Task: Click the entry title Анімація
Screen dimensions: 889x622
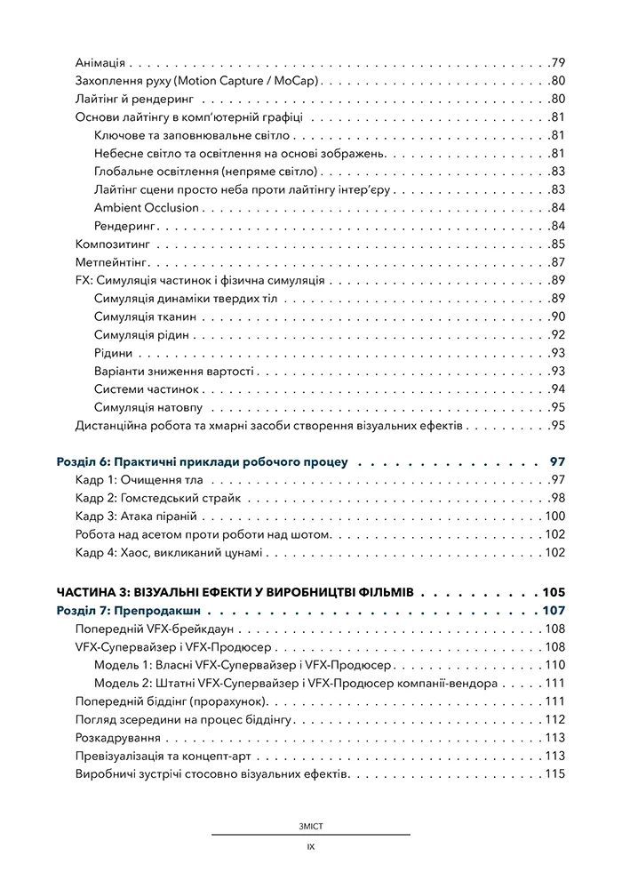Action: pos(100,63)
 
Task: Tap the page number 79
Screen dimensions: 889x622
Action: pos(558,63)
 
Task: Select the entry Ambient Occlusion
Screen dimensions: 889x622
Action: pos(146,208)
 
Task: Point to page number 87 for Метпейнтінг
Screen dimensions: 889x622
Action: pos(558,262)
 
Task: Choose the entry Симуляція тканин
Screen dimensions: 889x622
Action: pos(145,316)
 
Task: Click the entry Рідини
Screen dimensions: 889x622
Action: pos(113,353)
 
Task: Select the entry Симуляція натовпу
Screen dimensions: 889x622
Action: pos(148,408)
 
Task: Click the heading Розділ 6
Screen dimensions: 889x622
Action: pos(201,462)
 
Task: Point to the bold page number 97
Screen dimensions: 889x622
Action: pos(558,462)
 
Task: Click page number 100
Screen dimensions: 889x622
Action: pos(555,517)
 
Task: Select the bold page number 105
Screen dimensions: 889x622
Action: pos(554,592)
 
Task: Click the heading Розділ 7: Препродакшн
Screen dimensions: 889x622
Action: pos(139,611)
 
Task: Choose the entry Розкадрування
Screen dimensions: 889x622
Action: pos(118,738)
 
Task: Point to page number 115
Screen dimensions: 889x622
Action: pos(555,774)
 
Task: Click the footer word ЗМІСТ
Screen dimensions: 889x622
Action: pos(310,826)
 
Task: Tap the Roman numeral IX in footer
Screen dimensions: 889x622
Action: pos(310,847)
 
